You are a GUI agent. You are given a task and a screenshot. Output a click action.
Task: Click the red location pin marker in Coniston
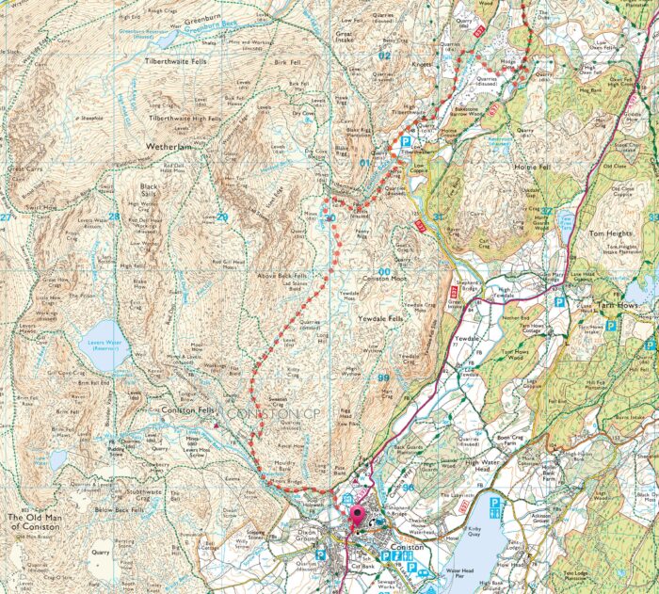coord(357,517)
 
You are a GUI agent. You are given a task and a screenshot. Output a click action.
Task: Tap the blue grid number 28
coord(114,217)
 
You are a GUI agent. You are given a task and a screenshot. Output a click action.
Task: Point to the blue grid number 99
coord(382,377)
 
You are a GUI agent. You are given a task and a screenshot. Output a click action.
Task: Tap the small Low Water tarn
coord(58,458)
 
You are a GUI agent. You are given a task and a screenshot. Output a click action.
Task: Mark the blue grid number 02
coord(382,56)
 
